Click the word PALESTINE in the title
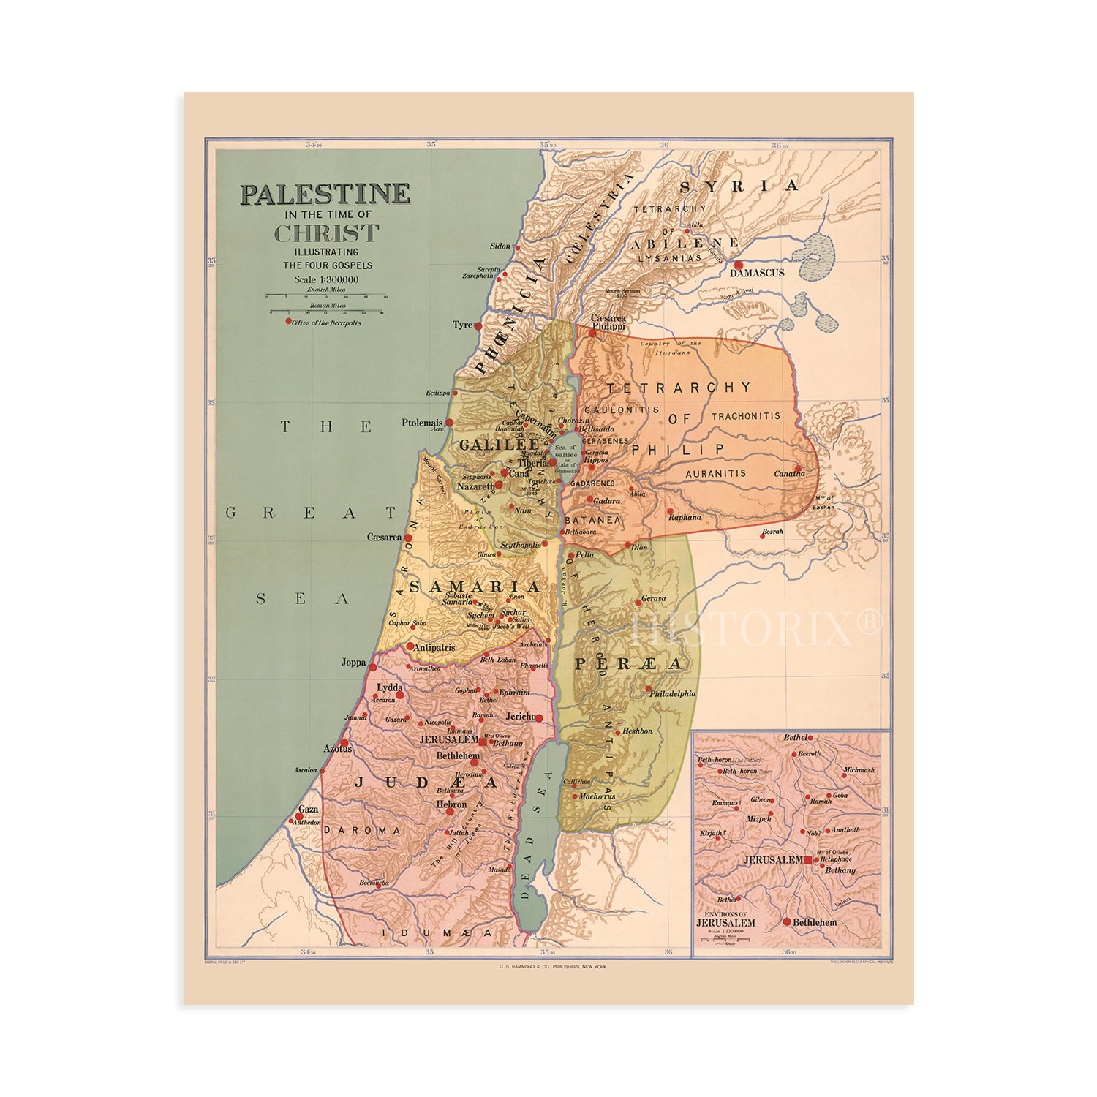click(x=325, y=194)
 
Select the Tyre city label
click(x=462, y=325)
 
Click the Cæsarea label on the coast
click(x=384, y=537)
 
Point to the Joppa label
click(x=353, y=663)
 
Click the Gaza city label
click(x=309, y=810)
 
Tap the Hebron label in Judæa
click(x=451, y=804)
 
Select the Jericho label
click(x=520, y=716)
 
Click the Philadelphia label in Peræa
click(x=673, y=693)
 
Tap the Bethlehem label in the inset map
click(x=815, y=922)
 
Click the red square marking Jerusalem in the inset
click(x=807, y=861)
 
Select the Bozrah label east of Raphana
click(x=772, y=531)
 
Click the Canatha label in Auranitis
click(x=790, y=474)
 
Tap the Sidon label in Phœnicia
click(x=500, y=246)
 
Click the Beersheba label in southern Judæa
click(x=374, y=883)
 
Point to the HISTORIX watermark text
click(x=757, y=627)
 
